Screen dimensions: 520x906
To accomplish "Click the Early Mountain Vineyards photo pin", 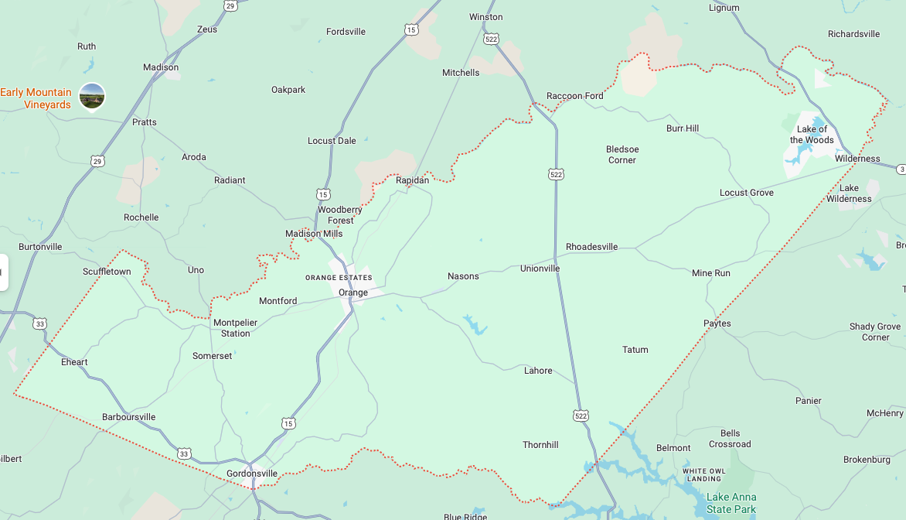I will pyautogui.click(x=92, y=95).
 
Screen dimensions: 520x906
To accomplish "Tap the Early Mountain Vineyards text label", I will pyautogui.click(x=36, y=98).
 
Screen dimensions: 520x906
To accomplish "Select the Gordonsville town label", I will pyautogui.click(x=251, y=474).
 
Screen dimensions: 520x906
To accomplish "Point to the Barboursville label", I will pyautogui.click(x=128, y=417).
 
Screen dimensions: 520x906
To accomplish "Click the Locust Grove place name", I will pyautogui.click(x=746, y=193).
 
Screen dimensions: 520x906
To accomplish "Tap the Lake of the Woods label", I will pyautogui.click(x=812, y=135).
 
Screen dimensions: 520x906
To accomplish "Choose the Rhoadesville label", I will pyautogui.click(x=591, y=247).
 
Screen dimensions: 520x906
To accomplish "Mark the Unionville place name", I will pyautogui.click(x=540, y=269).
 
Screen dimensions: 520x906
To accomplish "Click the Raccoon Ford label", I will pyautogui.click(x=574, y=96).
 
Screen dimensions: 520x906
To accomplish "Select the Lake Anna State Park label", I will pyautogui.click(x=731, y=503).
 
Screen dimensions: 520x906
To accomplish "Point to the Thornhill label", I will pyautogui.click(x=540, y=445).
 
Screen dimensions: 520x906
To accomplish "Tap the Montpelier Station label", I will pyautogui.click(x=235, y=328).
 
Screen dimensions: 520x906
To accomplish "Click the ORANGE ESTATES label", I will pyautogui.click(x=339, y=278).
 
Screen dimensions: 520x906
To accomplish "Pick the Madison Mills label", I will pyautogui.click(x=314, y=234).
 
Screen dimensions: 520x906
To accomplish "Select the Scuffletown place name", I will pyautogui.click(x=107, y=272).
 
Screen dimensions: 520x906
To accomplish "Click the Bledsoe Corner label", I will pyautogui.click(x=622, y=155).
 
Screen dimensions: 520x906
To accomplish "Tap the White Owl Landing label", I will pyautogui.click(x=703, y=474).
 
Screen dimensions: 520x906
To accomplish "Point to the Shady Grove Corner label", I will pyautogui.click(x=875, y=332).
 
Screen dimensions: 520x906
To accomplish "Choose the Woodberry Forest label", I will pyautogui.click(x=340, y=215).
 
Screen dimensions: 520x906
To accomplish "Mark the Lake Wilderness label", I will pyautogui.click(x=849, y=193).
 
